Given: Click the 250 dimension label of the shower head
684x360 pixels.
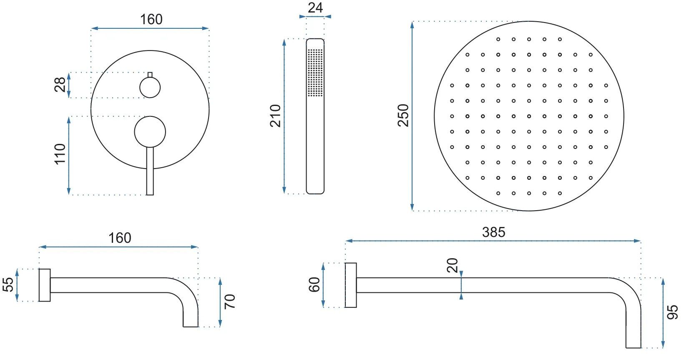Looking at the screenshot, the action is click(403, 115).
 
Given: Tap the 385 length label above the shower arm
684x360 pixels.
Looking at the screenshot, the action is click(494, 232).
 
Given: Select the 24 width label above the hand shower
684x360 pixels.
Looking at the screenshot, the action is click(315, 8).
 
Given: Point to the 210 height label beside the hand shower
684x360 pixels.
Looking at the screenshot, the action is click(275, 116).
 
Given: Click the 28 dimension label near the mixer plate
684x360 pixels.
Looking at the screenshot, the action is click(60, 85).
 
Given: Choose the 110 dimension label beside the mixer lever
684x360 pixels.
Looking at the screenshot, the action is click(60, 154).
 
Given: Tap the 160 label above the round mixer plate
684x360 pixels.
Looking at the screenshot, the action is click(151, 20).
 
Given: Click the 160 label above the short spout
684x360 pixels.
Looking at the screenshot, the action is click(120, 238).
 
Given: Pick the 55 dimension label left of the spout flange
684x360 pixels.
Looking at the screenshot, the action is click(8, 284).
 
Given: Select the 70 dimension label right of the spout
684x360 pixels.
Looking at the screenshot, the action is click(230, 301).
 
